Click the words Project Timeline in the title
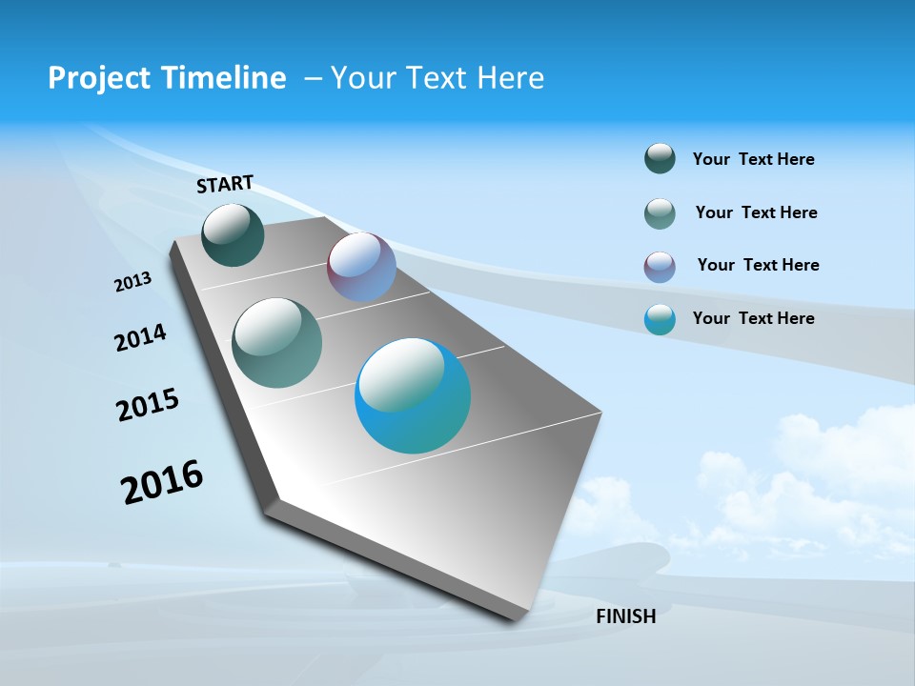point(167,78)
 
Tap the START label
point(225,184)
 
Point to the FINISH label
point(625,616)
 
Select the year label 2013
point(132,282)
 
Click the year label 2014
point(140,337)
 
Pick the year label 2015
point(148,404)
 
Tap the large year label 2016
point(162,481)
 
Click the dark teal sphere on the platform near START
point(233,234)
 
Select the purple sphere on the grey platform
point(361,267)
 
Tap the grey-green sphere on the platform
point(277,343)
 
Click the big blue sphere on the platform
point(413,395)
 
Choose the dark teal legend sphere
point(660,158)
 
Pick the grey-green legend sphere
point(660,213)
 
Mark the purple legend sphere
point(660,267)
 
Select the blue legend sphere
point(660,319)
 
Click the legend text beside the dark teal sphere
point(753,159)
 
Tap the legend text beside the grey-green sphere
point(756,212)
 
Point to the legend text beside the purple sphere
point(758,265)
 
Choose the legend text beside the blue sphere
point(753,318)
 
